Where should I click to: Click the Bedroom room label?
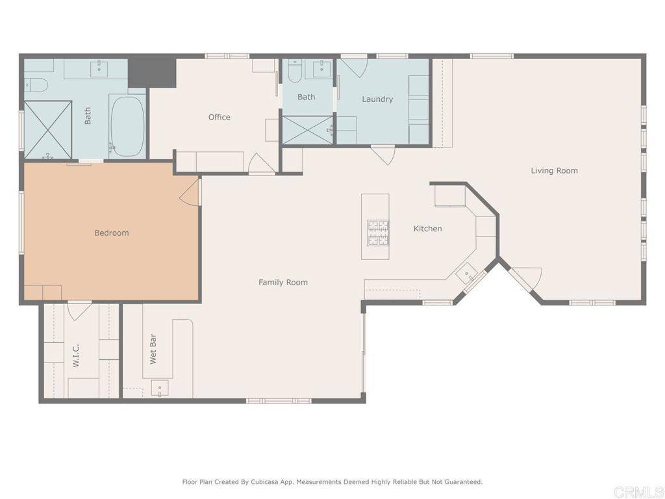click(x=112, y=233)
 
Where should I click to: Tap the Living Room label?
click(x=554, y=171)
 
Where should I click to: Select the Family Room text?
click(x=283, y=282)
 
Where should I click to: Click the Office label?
click(x=219, y=117)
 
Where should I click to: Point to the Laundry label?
click(x=377, y=99)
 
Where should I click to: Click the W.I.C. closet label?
click(x=76, y=355)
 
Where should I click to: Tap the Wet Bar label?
click(x=153, y=349)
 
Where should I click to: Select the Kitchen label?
click(x=428, y=228)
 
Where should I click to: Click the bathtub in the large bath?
click(x=127, y=125)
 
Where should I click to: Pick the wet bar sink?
click(x=160, y=389)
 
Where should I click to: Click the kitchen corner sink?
click(x=467, y=274)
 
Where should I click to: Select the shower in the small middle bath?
click(x=307, y=129)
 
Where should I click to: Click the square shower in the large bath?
click(x=48, y=129)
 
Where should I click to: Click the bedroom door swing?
click(x=191, y=193)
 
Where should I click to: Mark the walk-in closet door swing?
click(x=79, y=309)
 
